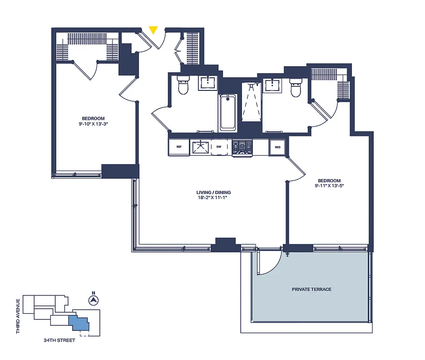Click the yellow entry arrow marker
click(x=153, y=30)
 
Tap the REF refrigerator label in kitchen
click(x=179, y=147)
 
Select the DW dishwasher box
click(x=219, y=147)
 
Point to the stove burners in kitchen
click(x=242, y=147)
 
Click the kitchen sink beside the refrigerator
click(x=199, y=147)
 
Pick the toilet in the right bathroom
click(x=295, y=88)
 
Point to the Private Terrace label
click(x=311, y=289)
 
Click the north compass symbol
click(x=94, y=301)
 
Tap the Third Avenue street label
click(x=18, y=315)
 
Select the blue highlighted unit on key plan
click(x=79, y=323)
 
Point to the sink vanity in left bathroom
click(x=208, y=83)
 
